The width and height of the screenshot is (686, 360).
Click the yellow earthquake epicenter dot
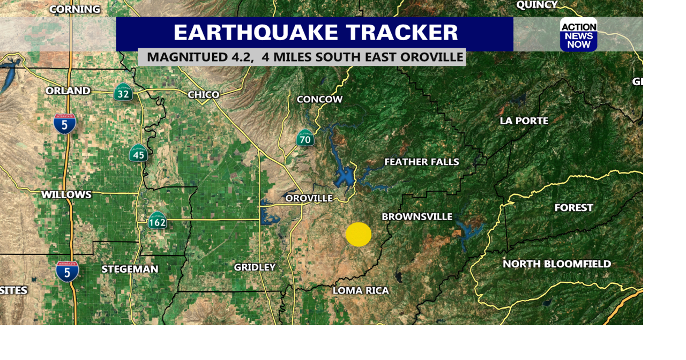[359, 235]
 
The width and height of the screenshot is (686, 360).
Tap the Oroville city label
[309, 198]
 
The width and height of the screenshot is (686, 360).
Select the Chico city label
[204, 95]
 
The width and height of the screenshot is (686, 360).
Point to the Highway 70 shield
[305, 138]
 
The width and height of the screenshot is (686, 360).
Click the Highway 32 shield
[123, 93]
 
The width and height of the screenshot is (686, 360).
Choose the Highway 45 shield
[138, 154]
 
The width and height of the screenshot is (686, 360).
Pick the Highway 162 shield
[158, 221]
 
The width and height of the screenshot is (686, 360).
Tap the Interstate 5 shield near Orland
[65, 124]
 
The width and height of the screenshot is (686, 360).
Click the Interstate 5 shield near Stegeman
[67, 272]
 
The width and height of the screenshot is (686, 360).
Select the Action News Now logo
[579, 35]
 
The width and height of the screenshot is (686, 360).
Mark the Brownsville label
[417, 217]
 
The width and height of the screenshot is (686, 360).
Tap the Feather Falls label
[422, 162]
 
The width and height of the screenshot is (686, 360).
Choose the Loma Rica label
[361, 290]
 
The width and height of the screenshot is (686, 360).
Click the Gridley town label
[255, 267]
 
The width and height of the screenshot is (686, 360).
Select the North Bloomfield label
[557, 264]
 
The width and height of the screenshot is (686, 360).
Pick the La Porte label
[524, 121]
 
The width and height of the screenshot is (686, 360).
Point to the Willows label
[66, 194]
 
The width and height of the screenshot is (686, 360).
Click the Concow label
[319, 99]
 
